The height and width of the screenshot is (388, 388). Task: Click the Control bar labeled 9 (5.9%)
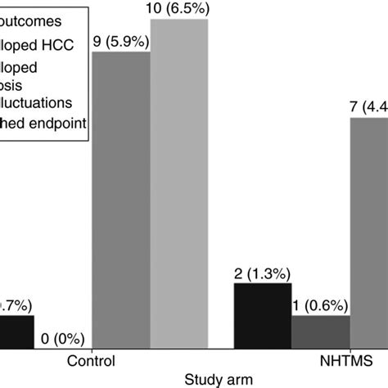[120, 200]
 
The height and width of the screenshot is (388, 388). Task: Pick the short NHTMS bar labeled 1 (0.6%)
[321, 331]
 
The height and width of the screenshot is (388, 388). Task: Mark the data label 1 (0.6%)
[318, 305]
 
